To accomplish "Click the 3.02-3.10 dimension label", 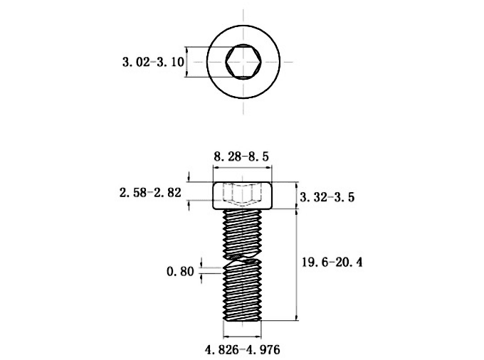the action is click(x=153, y=62).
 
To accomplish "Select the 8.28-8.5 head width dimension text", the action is click(x=241, y=157).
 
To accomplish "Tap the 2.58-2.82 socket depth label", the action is click(x=150, y=193).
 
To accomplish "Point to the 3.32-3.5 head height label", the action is click(x=327, y=197).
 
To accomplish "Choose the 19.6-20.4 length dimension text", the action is click(x=332, y=263).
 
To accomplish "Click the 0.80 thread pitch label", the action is click(x=180, y=272).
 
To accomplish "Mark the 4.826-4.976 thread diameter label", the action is click(x=243, y=350).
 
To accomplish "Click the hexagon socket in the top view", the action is click(x=243, y=62).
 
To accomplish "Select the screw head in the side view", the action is click(x=242, y=196).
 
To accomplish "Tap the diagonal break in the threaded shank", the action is click(x=243, y=259).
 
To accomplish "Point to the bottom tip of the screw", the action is click(x=242, y=321).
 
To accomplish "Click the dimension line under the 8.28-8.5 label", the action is click(x=243, y=168).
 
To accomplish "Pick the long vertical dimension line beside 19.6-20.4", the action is click(x=297, y=265).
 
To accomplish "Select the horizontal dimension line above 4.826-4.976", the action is click(x=242, y=337).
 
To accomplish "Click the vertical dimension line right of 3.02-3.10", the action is click(x=186, y=62).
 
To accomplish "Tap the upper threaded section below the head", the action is click(x=243, y=233).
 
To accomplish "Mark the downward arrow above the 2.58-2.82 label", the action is click(x=189, y=177).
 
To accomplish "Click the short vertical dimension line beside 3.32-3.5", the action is click(x=297, y=196).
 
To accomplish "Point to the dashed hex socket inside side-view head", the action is click(x=242, y=195).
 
